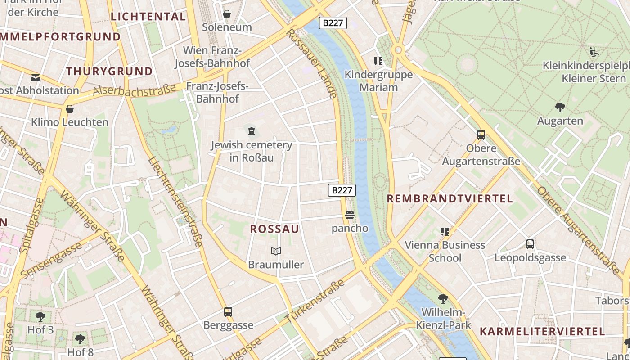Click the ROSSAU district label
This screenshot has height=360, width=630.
click(x=274, y=229)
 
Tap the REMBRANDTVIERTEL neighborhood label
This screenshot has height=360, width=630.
click(x=450, y=199)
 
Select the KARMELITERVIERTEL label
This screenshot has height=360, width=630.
click(x=542, y=332)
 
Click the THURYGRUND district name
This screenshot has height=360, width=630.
click(x=110, y=71)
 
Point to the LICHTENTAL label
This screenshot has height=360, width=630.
click(x=148, y=17)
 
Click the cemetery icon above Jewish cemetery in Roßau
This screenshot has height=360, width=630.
click(x=251, y=131)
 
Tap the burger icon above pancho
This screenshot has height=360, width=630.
click(x=350, y=215)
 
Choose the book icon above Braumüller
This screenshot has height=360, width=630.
click(x=276, y=251)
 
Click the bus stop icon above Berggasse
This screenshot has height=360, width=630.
click(x=228, y=311)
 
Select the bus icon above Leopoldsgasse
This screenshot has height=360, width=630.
click(x=530, y=244)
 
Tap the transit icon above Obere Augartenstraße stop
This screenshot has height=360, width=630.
click(x=481, y=135)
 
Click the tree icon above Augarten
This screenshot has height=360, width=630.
click(x=560, y=107)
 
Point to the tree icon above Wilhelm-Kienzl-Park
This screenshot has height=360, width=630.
click(x=443, y=298)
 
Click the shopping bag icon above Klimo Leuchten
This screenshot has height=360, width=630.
click(x=70, y=108)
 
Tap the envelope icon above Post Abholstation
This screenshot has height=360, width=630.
click(x=36, y=77)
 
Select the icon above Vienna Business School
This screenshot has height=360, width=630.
click(x=445, y=232)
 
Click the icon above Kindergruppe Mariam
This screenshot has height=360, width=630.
click(x=378, y=61)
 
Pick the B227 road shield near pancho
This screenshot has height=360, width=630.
click(x=342, y=190)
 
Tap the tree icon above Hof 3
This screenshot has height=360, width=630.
click(x=40, y=316)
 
